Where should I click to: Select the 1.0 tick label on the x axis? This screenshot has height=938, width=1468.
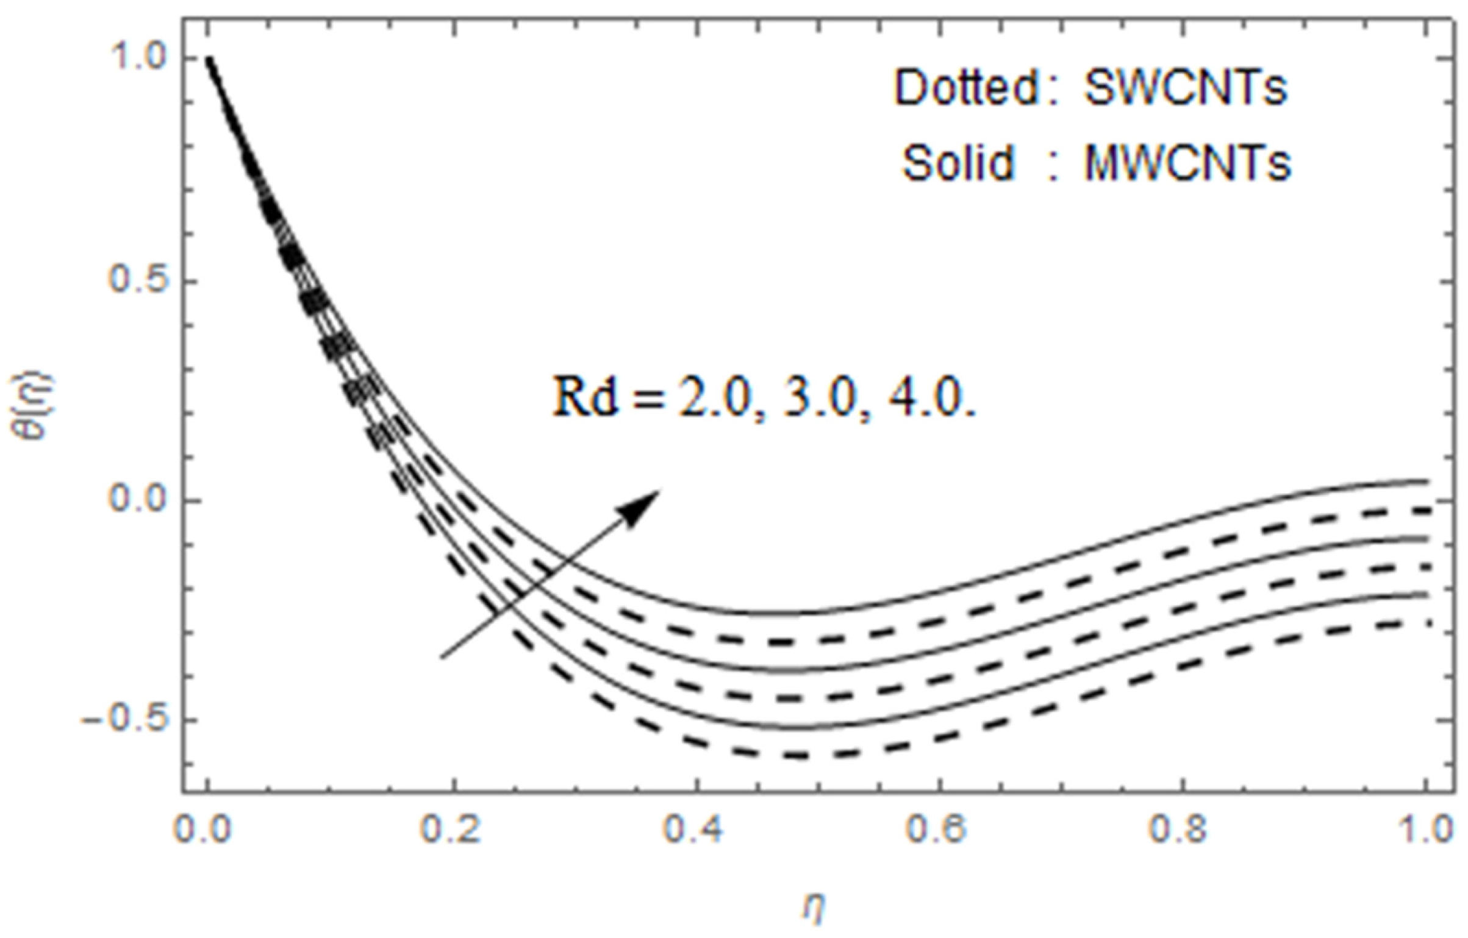point(1425,831)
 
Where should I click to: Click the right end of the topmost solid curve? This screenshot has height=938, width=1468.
point(1426,481)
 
